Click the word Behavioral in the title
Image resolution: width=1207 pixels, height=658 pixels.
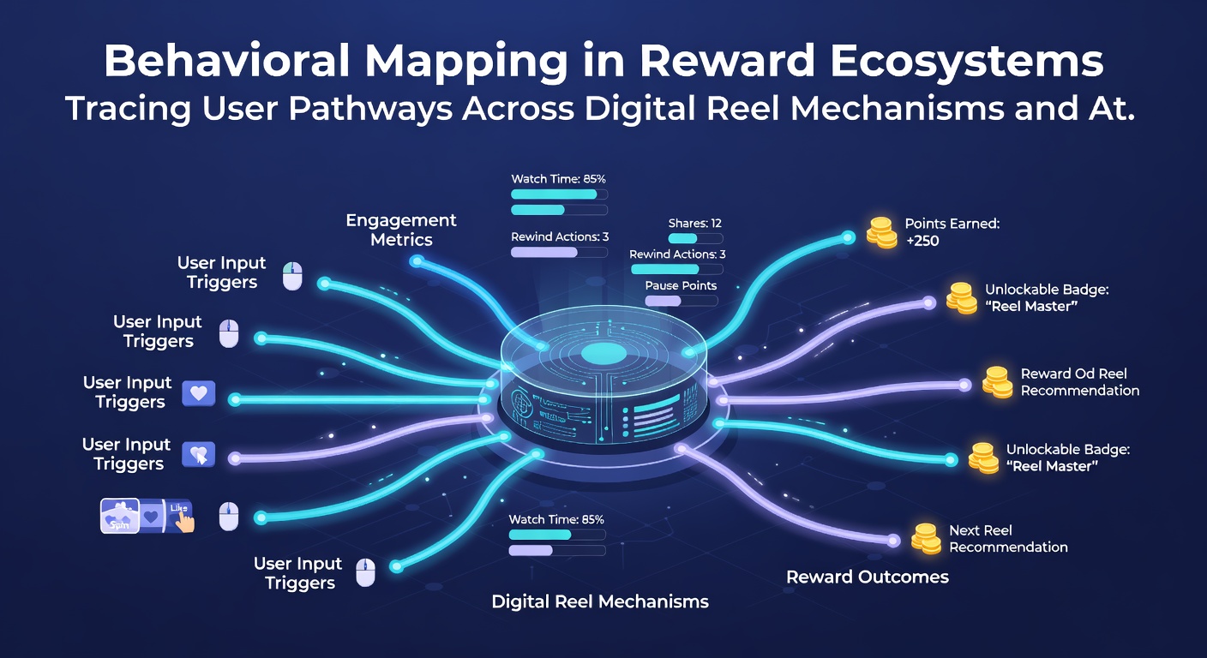tap(227, 61)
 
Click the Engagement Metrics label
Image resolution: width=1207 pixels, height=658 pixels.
tap(401, 230)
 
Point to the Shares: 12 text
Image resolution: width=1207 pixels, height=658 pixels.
tap(694, 223)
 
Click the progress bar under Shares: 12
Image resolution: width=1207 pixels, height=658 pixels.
tap(695, 238)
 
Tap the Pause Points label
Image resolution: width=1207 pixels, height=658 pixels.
tap(682, 285)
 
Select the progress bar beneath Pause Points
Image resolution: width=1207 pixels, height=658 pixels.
tap(682, 301)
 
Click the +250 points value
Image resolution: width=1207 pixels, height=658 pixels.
tap(922, 241)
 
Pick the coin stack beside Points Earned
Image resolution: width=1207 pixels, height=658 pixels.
tap(881, 233)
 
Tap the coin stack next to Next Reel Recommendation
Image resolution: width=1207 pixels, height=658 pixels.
tap(927, 538)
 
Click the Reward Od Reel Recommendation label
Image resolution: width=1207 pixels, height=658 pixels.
tap(1080, 382)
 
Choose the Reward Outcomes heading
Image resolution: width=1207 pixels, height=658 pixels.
tap(867, 577)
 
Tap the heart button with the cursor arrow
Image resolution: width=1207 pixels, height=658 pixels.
tap(198, 454)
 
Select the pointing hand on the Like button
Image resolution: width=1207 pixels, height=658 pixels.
tap(185, 521)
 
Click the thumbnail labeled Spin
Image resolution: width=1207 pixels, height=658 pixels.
tap(120, 515)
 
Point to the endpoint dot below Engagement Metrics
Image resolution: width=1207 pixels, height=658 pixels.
tap(416, 261)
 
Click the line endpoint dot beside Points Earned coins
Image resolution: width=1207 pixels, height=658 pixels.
tap(849, 237)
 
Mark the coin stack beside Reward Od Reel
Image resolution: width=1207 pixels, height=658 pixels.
tap(997, 382)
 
